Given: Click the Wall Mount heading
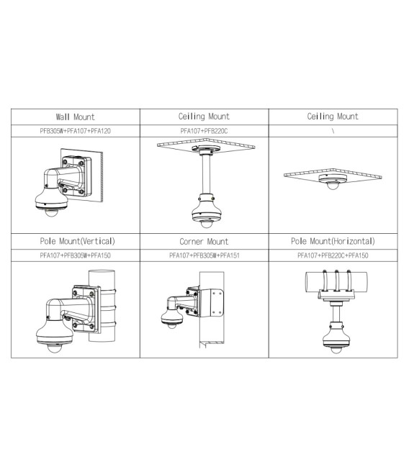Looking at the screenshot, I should click(x=75, y=117).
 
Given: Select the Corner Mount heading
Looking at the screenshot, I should click(x=204, y=242).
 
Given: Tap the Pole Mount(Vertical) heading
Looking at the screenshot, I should click(x=75, y=241).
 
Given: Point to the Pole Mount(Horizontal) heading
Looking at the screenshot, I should click(x=332, y=241).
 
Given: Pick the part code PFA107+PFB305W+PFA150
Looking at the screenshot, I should click(x=75, y=255).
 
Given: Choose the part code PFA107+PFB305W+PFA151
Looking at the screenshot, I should click(x=204, y=255).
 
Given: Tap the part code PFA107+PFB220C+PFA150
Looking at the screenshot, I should click(x=332, y=255).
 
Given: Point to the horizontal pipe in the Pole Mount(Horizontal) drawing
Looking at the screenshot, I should click(x=332, y=281).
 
